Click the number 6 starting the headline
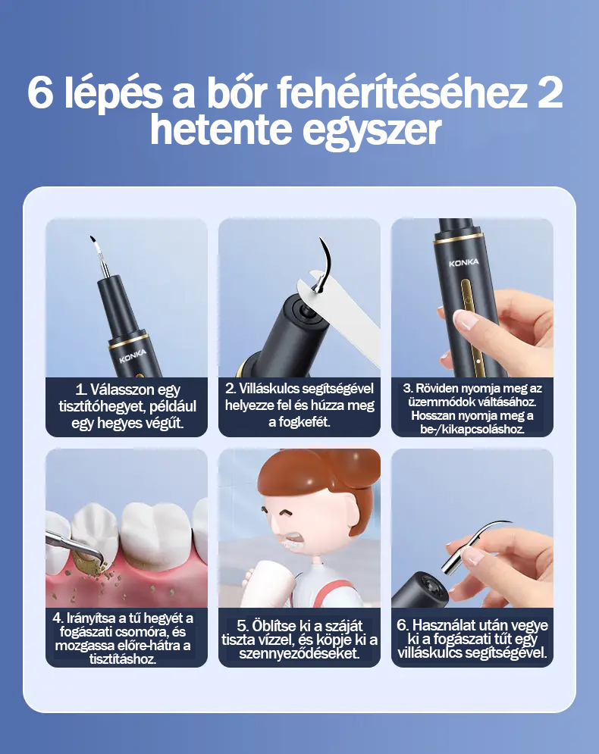pos(39,92)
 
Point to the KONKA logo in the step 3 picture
pos(464,262)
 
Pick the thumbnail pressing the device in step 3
pos(464,320)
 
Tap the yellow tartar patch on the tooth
pos(89,562)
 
